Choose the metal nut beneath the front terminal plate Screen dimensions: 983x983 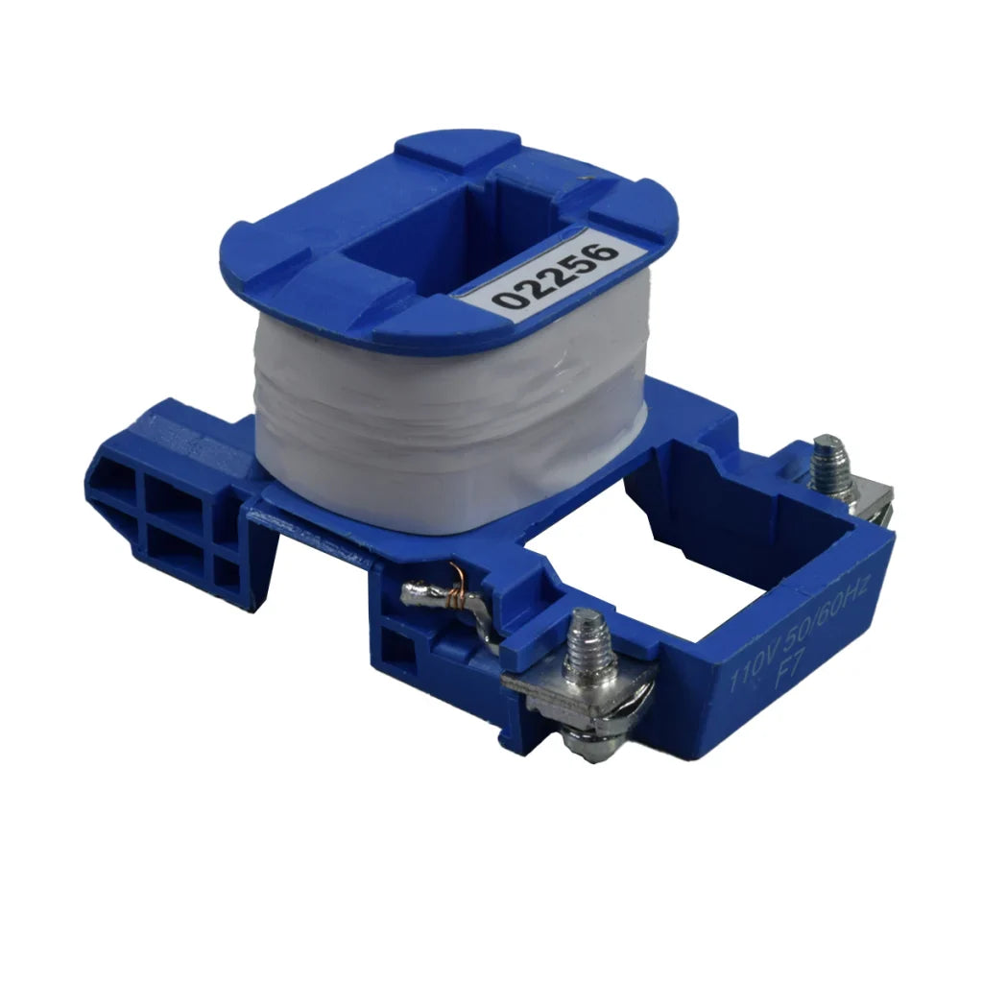[586, 744]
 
